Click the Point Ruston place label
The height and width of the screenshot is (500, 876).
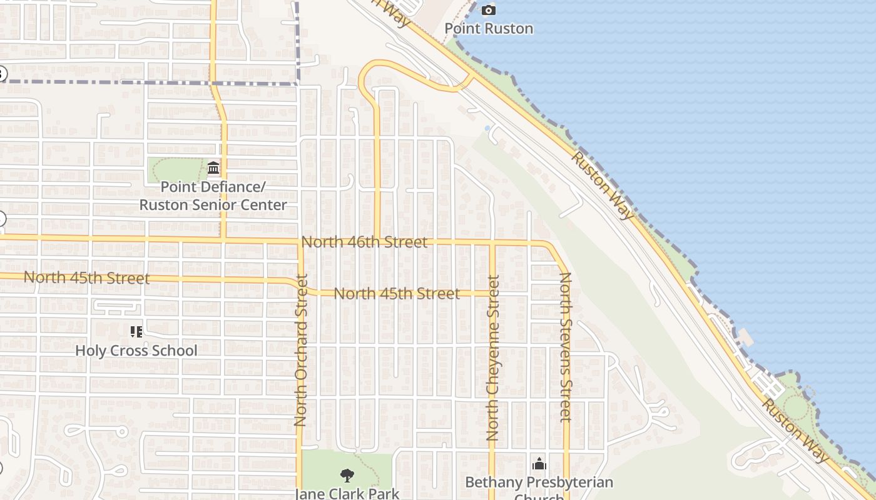pos(489,28)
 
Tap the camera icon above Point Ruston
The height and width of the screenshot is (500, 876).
pos(489,10)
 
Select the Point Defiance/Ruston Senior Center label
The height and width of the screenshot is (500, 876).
pos(213,196)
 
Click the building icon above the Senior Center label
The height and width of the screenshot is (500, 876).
pos(213,168)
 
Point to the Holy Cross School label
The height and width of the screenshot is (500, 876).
pos(136,351)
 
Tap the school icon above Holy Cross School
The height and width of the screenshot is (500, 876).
pos(136,331)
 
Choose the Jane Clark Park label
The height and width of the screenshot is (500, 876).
pos(347,494)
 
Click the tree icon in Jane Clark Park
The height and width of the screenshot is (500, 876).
pos(347,476)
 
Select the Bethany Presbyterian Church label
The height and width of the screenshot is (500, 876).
pos(539,483)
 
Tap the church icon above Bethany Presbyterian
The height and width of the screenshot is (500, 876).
pos(539,464)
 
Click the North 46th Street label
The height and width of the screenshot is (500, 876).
pos(364,242)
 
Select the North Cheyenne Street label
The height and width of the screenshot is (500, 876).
pos(492,357)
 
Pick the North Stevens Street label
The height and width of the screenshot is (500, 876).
pos(566,346)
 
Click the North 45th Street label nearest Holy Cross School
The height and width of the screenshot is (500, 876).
pos(86,277)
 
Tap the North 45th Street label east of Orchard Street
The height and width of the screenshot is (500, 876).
pos(397,293)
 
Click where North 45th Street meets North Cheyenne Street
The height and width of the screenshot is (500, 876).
pos(492,293)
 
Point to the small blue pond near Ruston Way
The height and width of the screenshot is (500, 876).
pos(487,128)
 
